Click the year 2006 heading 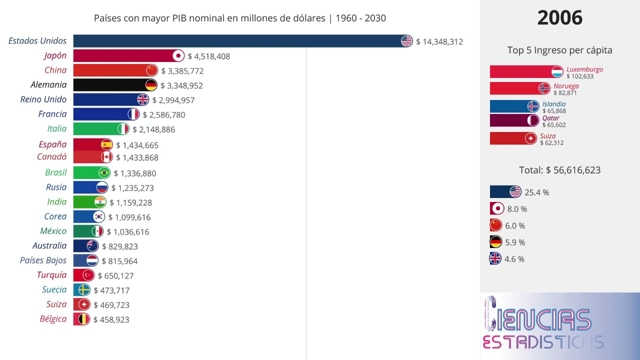point(559,18)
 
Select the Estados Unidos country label point(37,41)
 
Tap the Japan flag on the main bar point(178,56)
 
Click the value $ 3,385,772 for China point(182,71)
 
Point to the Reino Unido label point(43,99)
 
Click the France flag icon point(133,114)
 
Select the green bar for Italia point(95,129)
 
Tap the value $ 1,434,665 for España point(137,145)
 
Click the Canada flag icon point(106,157)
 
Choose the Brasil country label point(55,172)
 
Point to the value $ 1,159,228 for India point(130,202)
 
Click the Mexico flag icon point(97,231)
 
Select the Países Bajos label point(43,260)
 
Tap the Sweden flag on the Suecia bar point(84,290)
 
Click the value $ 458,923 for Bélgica point(111,319)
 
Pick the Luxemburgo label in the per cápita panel point(584,69)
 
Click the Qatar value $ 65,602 point(554,125)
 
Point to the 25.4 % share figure point(536,192)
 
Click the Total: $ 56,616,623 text point(559,170)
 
